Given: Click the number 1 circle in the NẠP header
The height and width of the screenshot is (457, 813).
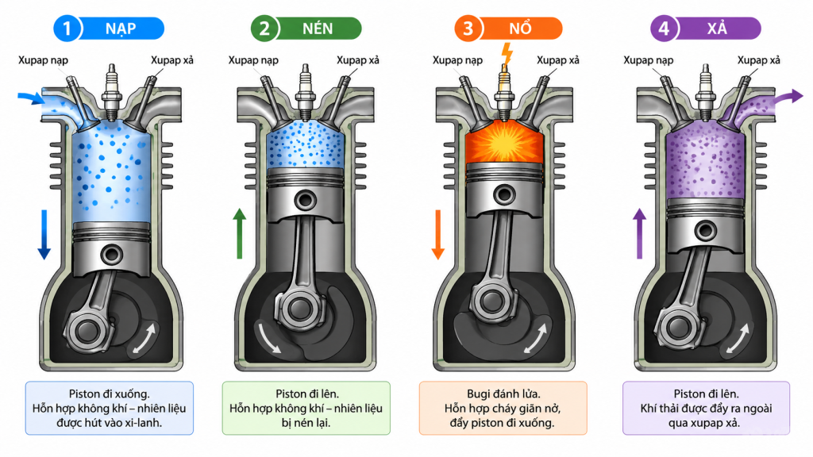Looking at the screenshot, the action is (x=67, y=29).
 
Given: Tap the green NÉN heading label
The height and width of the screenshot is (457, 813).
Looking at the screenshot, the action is (x=318, y=29).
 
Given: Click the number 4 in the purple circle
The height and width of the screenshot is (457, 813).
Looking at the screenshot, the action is (x=664, y=29).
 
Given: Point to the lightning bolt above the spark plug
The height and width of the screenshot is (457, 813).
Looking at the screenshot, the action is (x=507, y=54).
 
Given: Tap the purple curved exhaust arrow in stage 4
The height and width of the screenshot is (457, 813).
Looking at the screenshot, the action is (x=789, y=97).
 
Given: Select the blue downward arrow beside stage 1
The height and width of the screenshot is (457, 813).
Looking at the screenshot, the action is (x=44, y=234).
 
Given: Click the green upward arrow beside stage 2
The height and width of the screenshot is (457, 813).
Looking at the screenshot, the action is (x=239, y=233).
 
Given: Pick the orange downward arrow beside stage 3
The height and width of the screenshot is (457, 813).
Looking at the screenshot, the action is (x=438, y=234).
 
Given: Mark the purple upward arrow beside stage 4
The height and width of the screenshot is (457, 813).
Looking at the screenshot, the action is (x=639, y=233).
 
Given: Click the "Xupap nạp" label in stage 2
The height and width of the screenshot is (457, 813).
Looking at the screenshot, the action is (x=253, y=60).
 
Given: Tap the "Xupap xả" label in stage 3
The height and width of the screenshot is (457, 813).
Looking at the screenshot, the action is (x=558, y=60).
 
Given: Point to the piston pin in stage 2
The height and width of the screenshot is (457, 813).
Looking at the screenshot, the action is (x=305, y=201).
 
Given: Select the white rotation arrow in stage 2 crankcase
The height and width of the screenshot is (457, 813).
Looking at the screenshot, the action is (x=268, y=338).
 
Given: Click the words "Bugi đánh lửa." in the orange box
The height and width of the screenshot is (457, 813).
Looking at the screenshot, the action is (x=503, y=394).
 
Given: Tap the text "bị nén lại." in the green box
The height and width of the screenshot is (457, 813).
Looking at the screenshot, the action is (x=306, y=423).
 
